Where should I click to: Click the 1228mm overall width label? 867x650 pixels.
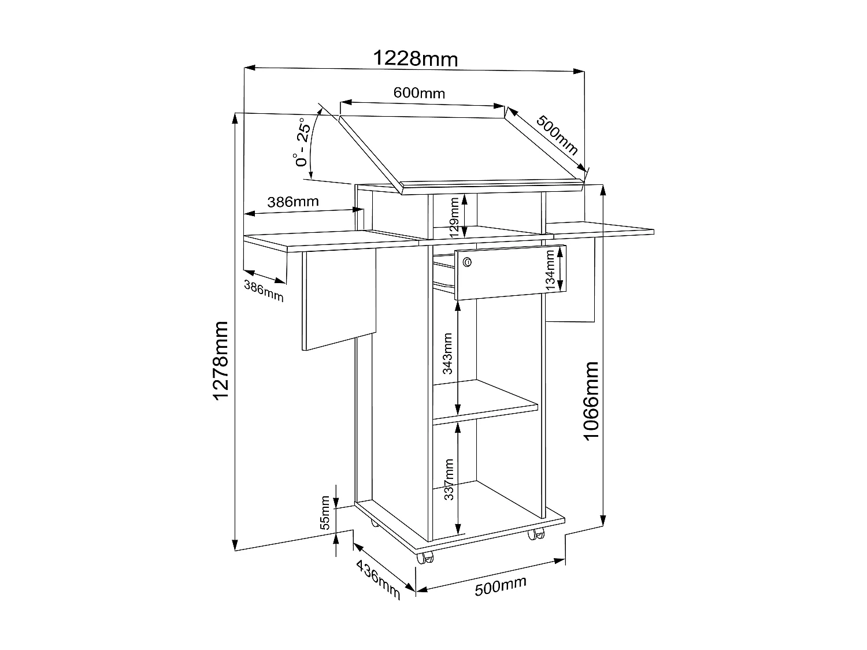tap(416, 59)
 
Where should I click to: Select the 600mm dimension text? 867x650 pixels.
tap(419, 92)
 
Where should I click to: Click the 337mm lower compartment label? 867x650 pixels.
tap(450, 480)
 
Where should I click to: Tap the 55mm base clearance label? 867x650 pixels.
tap(325, 512)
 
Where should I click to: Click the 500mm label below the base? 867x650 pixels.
tap(501, 586)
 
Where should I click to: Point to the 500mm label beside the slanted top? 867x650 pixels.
tap(557, 135)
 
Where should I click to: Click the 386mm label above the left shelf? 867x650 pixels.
tap(293, 202)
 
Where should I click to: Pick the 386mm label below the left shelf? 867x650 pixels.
tap(264, 290)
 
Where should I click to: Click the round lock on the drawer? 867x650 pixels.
tap(468, 263)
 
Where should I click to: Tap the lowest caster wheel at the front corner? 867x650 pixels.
tap(427, 559)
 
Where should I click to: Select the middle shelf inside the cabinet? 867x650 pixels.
tap(486, 399)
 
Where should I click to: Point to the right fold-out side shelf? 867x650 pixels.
tap(601, 228)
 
